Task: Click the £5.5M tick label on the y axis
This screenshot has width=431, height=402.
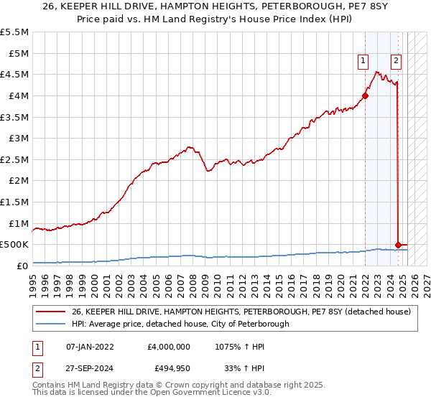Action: click(15, 32)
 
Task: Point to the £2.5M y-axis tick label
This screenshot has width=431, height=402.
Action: click(15, 159)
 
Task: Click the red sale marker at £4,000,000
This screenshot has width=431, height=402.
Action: click(365, 95)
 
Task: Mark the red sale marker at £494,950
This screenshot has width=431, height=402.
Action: click(398, 245)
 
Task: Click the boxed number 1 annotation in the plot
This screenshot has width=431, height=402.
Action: click(364, 61)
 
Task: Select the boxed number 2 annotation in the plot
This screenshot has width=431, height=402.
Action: click(396, 61)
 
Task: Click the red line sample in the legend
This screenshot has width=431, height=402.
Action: click(50, 312)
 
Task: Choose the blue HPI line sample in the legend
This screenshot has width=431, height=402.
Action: click(50, 324)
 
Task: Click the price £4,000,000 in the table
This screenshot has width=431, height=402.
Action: click(167, 347)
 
